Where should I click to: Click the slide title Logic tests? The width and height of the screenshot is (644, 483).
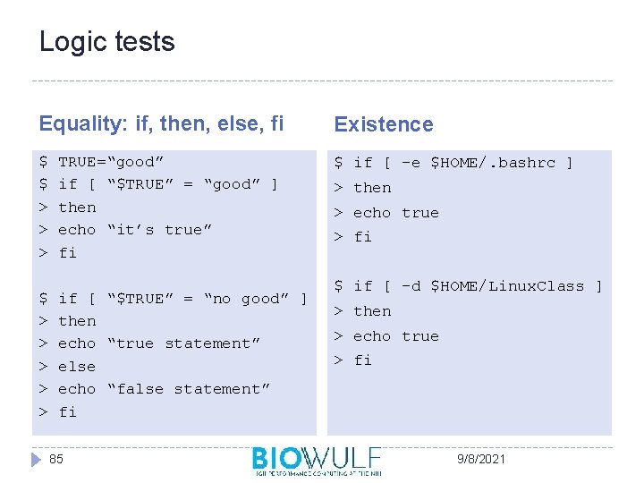tap(106, 42)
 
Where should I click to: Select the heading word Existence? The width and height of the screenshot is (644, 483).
tap(383, 124)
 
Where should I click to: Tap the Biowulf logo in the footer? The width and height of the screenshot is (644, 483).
tap(316, 460)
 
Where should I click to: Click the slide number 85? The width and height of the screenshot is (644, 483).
tap(56, 459)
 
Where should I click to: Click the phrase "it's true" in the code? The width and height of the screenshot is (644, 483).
tap(159, 230)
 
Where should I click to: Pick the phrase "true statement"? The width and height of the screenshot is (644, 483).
tap(183, 343)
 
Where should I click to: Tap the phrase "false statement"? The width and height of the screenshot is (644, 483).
tap(188, 389)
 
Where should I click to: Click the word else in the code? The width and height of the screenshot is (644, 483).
tap(76, 366)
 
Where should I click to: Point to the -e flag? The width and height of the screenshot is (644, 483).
tap(411, 163)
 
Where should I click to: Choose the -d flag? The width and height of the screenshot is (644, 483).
tap(411, 286)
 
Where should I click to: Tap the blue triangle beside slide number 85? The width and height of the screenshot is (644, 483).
tap(37, 459)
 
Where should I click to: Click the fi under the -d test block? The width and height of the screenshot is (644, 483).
tap(362, 360)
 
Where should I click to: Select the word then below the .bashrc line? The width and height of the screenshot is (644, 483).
tap(372, 188)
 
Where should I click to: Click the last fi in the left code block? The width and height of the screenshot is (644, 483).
tap(67, 412)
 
